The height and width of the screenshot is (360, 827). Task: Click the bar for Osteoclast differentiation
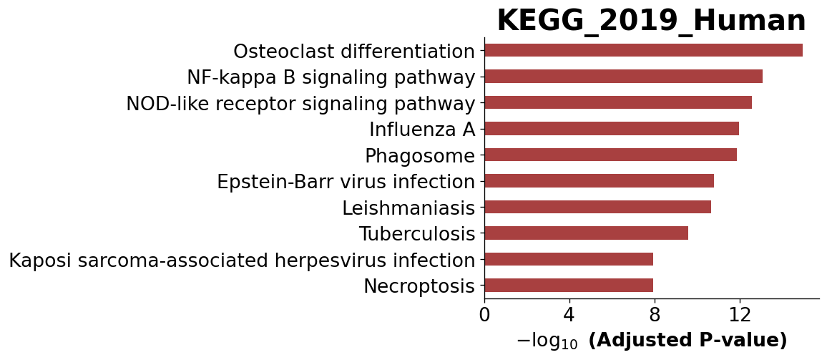(643, 50)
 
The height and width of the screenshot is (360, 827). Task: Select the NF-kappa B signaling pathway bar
(623, 77)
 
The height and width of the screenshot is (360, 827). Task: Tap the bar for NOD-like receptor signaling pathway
(618, 102)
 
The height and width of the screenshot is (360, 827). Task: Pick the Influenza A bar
(612, 129)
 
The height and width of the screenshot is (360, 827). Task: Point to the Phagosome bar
(611, 155)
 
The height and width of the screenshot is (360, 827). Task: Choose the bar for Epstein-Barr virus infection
(600, 181)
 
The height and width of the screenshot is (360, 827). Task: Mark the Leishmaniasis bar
(597, 207)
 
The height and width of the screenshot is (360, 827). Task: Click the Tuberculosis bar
(587, 233)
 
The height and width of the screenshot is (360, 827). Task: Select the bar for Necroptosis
(569, 286)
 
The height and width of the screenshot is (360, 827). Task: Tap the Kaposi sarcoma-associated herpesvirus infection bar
(569, 259)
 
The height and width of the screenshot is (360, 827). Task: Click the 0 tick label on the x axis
(484, 315)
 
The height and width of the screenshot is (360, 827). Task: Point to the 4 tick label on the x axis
(569, 315)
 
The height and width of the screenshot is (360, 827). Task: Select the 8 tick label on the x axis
(655, 315)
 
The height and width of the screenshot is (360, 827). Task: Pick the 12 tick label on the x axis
(740, 315)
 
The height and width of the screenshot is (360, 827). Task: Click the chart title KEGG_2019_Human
(651, 21)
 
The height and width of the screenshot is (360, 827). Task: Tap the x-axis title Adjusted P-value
(687, 341)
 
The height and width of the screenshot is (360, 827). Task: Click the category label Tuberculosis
(417, 234)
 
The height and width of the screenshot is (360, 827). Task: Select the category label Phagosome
(421, 156)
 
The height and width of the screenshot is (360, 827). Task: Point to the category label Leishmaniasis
(408, 208)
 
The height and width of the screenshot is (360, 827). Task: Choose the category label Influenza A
(422, 130)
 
